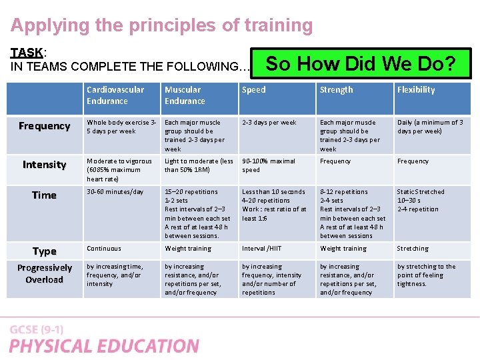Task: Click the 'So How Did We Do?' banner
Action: coord(361,64)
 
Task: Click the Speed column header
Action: coord(253,90)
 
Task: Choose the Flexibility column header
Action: coord(416,90)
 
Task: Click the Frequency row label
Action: coord(45,126)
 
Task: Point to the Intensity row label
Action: coord(45,165)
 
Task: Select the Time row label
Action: coord(45,195)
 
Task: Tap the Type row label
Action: coord(45,251)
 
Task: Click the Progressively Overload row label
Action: coord(45,273)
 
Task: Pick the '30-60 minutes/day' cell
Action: coord(115,192)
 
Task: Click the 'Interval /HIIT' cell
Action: coord(261,249)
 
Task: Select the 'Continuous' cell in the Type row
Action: coord(104,249)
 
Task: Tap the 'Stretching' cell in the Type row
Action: coord(413,249)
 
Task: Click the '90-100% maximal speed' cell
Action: coord(268,165)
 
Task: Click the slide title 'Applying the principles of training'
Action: coord(161,26)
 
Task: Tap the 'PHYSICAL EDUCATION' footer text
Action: coord(104,346)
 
